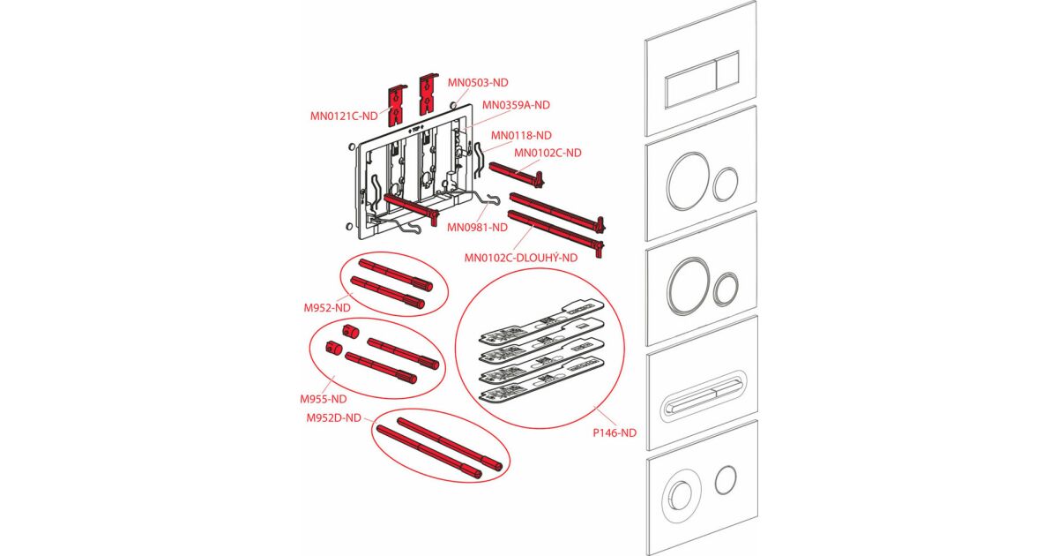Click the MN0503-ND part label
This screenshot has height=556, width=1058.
478,82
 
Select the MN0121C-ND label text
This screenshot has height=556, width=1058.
344,115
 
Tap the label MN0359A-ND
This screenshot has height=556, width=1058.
516,105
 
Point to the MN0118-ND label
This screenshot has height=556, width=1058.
521,135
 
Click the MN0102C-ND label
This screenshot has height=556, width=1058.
548,153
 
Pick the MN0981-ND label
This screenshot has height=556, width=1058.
477,227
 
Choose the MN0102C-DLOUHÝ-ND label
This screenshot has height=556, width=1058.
521,258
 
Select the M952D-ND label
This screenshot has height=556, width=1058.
334,417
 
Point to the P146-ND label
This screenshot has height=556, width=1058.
615,432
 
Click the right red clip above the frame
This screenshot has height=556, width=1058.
428,94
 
